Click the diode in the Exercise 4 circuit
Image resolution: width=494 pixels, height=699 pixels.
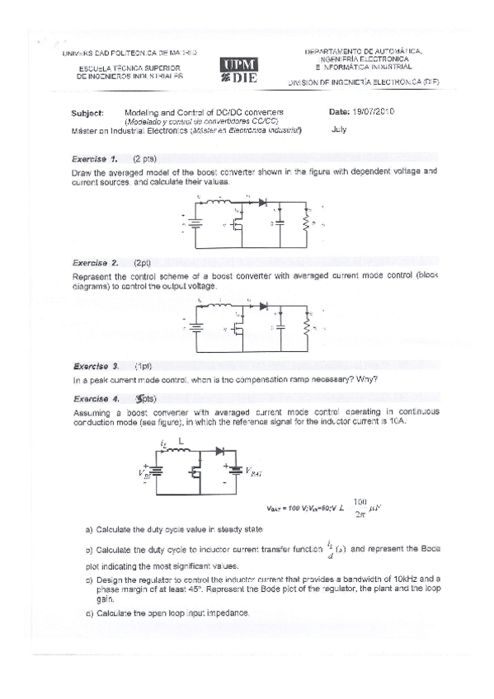tap(220, 452)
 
